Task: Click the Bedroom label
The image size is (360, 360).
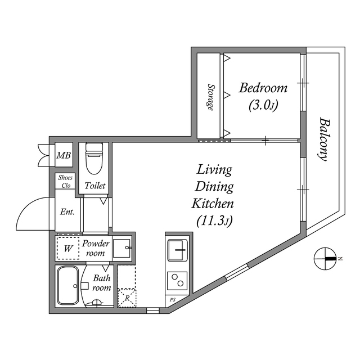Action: click(x=263, y=88)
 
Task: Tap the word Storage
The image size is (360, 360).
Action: click(x=210, y=97)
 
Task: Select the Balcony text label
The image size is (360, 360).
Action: click(x=323, y=139)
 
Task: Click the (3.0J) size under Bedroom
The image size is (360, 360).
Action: click(x=263, y=105)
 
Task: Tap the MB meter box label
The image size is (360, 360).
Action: click(x=64, y=156)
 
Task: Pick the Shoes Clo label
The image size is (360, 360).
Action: click(x=65, y=181)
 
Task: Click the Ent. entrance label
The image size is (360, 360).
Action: click(x=67, y=212)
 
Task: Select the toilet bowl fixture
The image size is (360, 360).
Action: click(x=94, y=160)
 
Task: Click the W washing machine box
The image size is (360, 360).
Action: click(x=67, y=248)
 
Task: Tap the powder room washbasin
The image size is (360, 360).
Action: click(x=123, y=248)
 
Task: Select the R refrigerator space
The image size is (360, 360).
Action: click(x=127, y=296)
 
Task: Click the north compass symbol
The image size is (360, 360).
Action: click(x=325, y=258)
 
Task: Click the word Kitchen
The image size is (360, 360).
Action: click(x=213, y=203)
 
